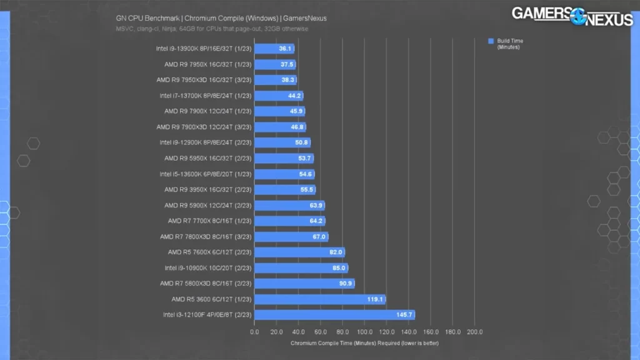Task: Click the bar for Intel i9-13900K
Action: [x=274, y=49]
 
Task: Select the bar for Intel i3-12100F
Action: [x=334, y=315]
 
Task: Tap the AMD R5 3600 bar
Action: [x=320, y=299]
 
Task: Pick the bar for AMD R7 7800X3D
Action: [x=291, y=237]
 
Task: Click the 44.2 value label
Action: [x=295, y=96]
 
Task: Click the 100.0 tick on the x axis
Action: [x=364, y=331]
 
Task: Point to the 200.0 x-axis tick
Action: [x=474, y=331]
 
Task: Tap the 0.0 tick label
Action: [x=254, y=331]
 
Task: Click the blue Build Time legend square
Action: [x=491, y=41]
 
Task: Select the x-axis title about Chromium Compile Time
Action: [x=364, y=342]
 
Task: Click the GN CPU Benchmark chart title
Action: [x=221, y=18]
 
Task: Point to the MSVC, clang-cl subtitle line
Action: [x=212, y=29]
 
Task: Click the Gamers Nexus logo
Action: [x=572, y=16]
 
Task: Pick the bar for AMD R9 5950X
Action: [x=284, y=159]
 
